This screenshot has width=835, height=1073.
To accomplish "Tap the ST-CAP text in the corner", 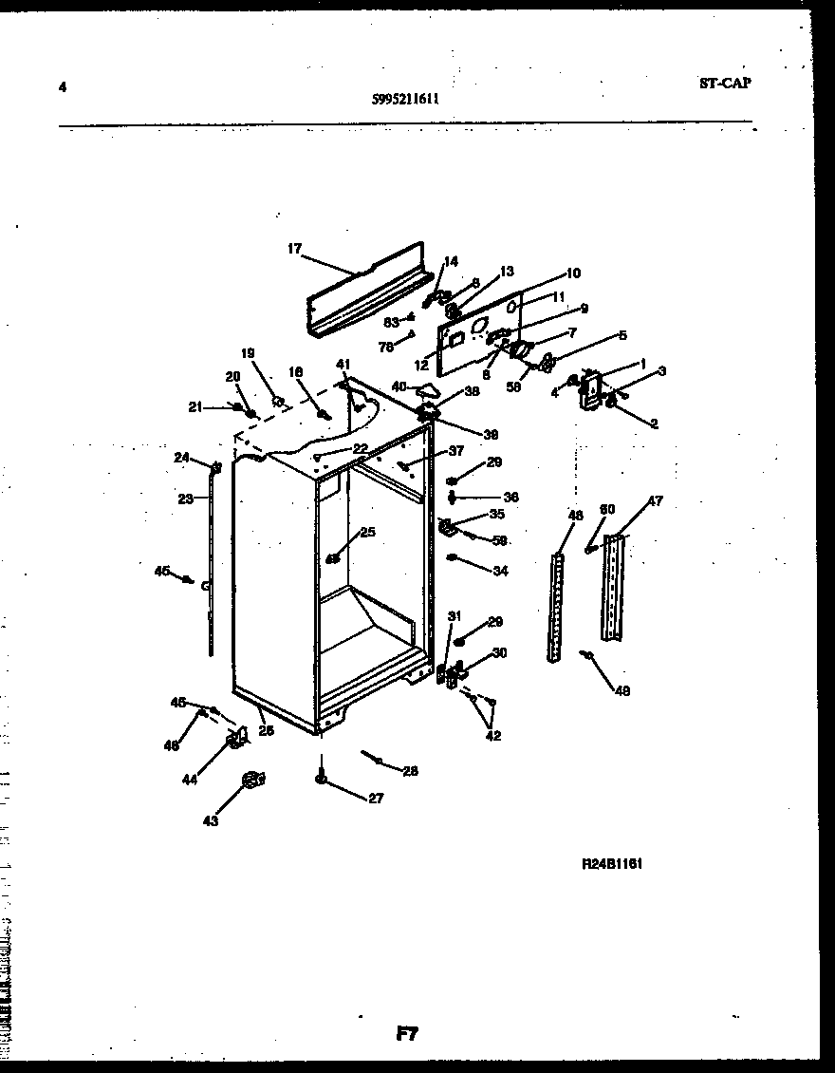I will (x=724, y=83).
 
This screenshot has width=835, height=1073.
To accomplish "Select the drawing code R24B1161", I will (x=612, y=865).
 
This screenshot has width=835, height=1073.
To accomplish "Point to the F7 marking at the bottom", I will (x=408, y=1035).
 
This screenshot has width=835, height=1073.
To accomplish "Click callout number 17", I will (x=294, y=249).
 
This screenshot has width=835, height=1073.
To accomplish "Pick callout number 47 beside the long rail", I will (x=656, y=501).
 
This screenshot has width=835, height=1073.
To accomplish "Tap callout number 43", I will (x=210, y=820).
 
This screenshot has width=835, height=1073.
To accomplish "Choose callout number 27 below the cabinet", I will (x=376, y=799).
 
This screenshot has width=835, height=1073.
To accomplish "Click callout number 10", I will (x=573, y=273).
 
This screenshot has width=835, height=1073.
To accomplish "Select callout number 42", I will (x=493, y=736).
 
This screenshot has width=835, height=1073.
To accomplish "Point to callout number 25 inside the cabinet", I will (x=366, y=532).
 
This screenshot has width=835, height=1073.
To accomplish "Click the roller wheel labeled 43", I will (x=251, y=780).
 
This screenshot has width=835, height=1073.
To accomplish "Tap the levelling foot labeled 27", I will (x=322, y=780).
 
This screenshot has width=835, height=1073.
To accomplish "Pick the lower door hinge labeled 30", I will (x=454, y=673).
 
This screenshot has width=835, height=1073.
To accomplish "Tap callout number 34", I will (x=500, y=571).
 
